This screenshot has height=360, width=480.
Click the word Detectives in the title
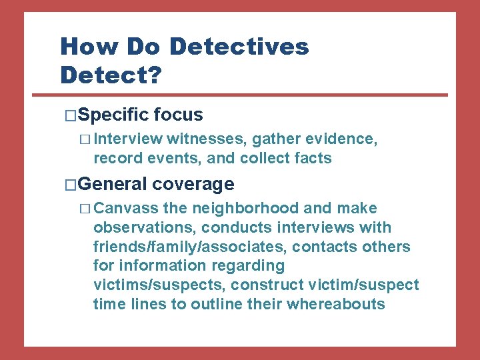[x=239, y=47]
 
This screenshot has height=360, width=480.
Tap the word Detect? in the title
[x=111, y=75]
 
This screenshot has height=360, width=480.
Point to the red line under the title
[x=253, y=94]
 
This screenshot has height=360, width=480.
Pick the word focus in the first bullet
[x=178, y=115]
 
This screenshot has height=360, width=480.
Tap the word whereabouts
[x=336, y=305]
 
